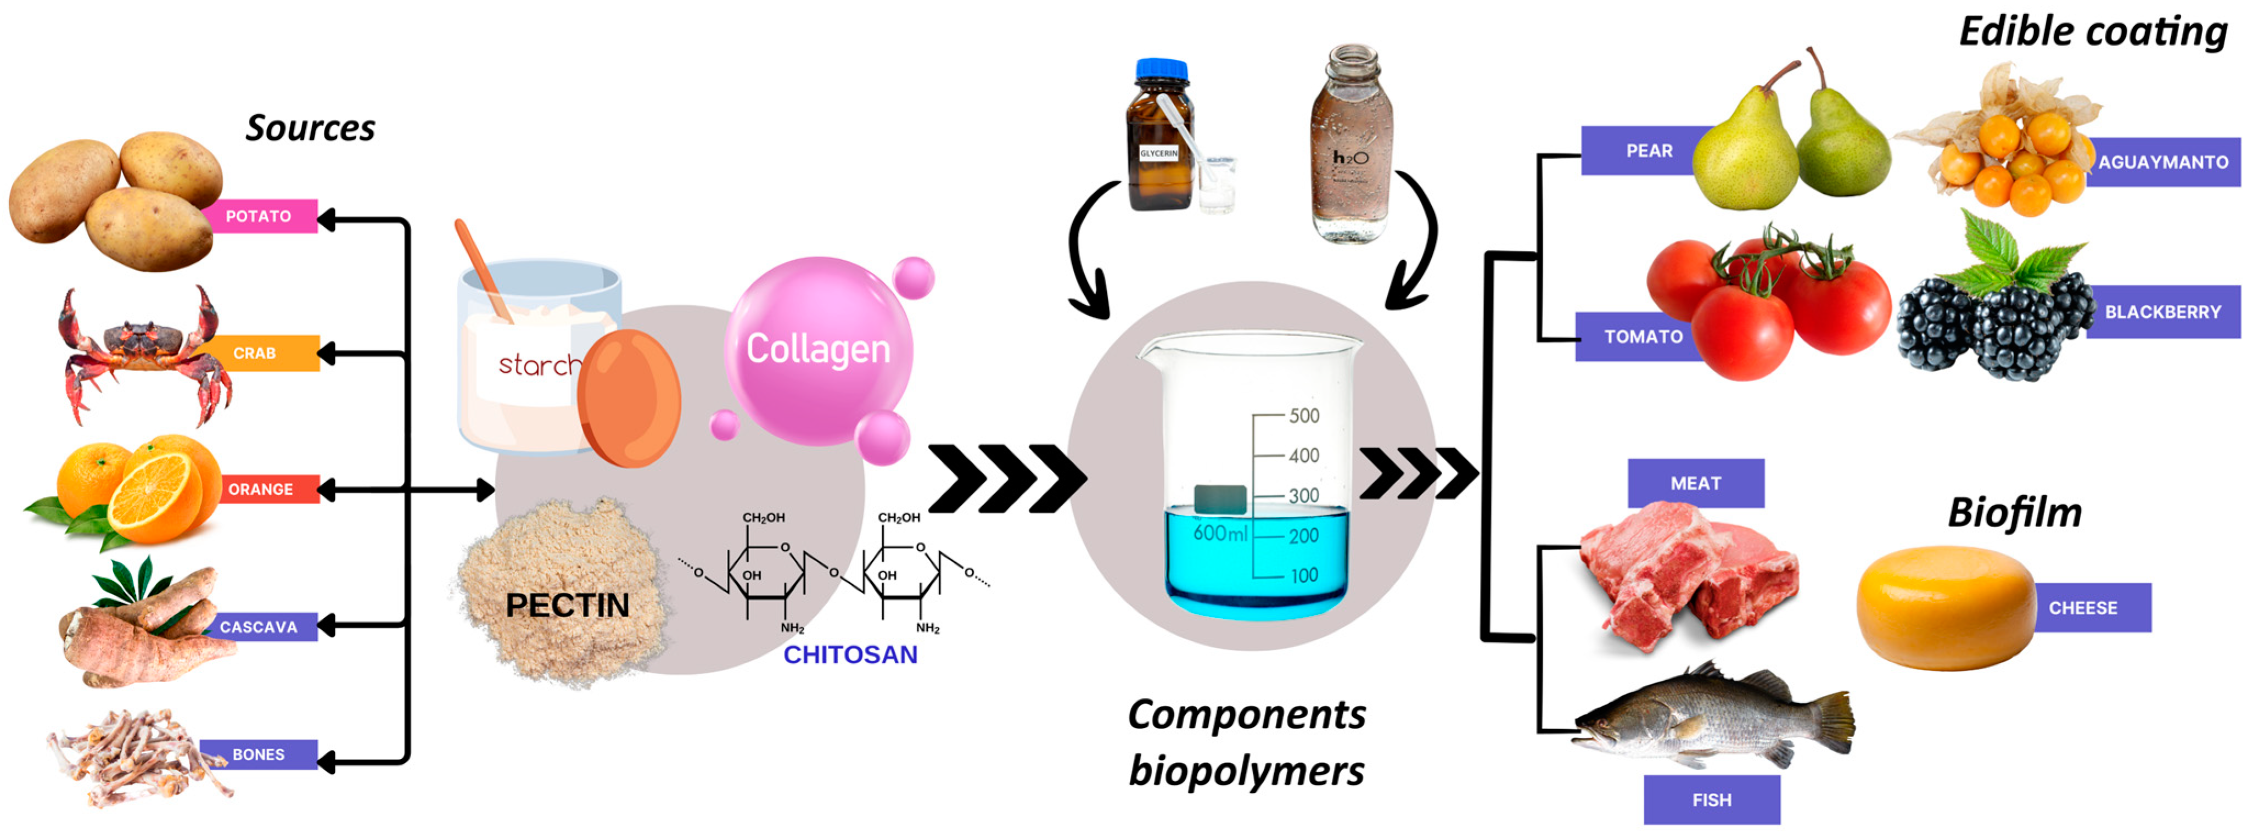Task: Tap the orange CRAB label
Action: point(255,354)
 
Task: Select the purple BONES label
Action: point(258,754)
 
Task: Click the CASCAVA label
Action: point(258,627)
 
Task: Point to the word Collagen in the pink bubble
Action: point(817,349)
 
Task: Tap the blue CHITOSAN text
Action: point(850,655)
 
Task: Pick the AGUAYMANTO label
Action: point(2162,163)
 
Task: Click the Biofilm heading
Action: point(2014,513)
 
